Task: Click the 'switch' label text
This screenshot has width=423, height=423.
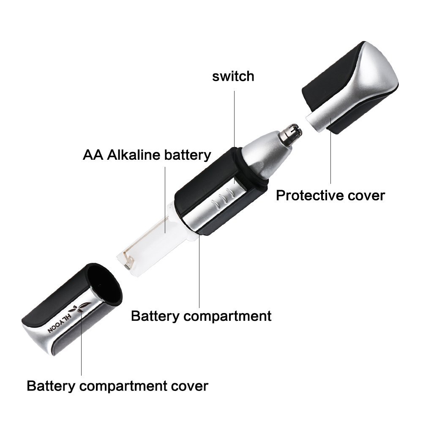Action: pyautogui.click(x=233, y=76)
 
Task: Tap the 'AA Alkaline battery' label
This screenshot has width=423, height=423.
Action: pyautogui.click(x=147, y=155)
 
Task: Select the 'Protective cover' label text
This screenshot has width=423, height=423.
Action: pyautogui.click(x=330, y=196)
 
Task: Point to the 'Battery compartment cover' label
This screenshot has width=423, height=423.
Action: pyautogui.click(x=117, y=386)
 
